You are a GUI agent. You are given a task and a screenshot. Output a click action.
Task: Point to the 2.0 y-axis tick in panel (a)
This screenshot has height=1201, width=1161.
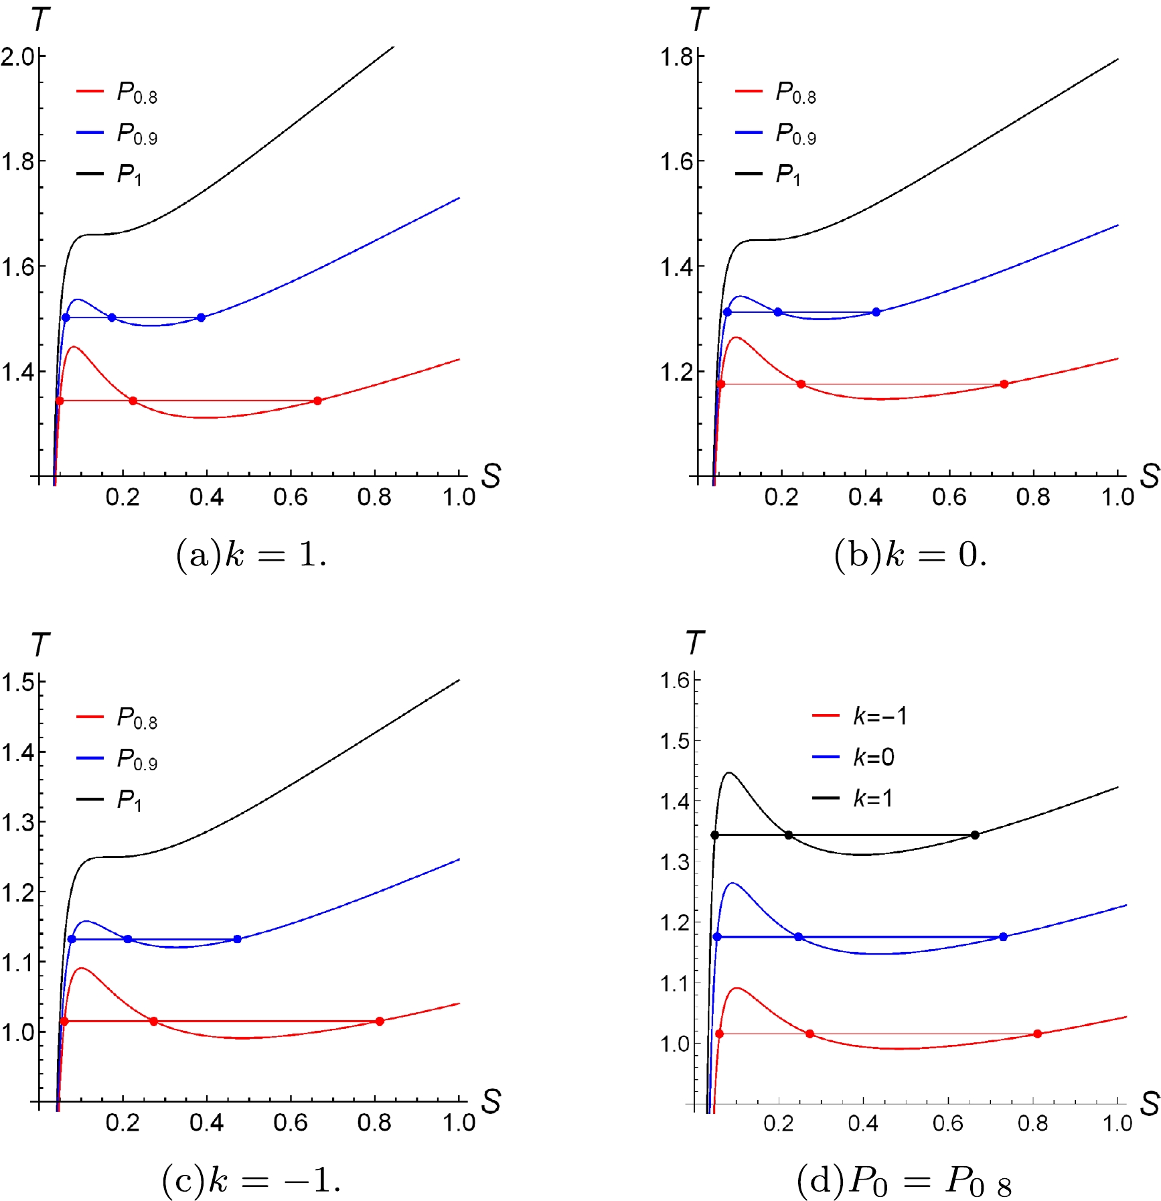pyautogui.click(x=18, y=56)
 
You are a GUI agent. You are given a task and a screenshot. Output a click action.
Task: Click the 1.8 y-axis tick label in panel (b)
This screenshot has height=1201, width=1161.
pyautogui.click(x=676, y=57)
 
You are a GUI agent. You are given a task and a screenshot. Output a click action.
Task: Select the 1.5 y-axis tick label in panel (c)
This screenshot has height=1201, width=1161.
pyautogui.click(x=18, y=683)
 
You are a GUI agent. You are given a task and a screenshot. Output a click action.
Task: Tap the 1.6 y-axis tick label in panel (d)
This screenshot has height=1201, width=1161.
pyautogui.click(x=675, y=681)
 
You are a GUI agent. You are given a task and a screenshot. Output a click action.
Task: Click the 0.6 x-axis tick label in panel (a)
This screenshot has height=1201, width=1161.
pyautogui.click(x=291, y=497)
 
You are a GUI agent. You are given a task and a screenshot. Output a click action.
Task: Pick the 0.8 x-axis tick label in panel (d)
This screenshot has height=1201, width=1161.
pyautogui.click(x=1032, y=1123)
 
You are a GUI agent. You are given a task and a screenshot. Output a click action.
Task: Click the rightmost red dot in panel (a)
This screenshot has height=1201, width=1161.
pyautogui.click(x=317, y=401)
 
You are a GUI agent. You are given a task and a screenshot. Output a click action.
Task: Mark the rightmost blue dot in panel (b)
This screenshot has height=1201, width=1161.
pyautogui.click(x=876, y=312)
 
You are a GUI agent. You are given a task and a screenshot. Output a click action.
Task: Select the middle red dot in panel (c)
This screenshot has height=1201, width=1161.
pyautogui.click(x=153, y=1021)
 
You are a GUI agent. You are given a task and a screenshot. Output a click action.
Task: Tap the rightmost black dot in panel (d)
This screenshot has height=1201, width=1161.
pyautogui.click(x=975, y=835)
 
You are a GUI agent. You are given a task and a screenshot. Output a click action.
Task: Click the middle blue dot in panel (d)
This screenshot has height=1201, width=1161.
pyautogui.click(x=798, y=936)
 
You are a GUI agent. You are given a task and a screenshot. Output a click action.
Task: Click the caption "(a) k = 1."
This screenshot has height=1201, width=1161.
pyautogui.click(x=251, y=555)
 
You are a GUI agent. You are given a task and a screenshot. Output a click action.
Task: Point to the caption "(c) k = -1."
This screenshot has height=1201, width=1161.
pyautogui.click(x=251, y=1180)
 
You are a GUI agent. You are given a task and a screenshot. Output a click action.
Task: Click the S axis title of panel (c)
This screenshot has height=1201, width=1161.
pyautogui.click(x=491, y=1101)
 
